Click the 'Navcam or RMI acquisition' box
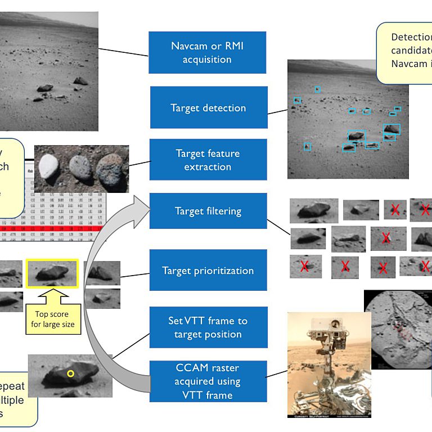[207, 52]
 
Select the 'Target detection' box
[208, 107]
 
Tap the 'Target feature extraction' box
[208, 160]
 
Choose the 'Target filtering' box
[208, 211]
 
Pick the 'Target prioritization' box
[208, 271]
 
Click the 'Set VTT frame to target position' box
[208, 327]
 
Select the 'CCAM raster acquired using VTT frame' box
[208, 381]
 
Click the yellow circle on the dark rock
[70, 373]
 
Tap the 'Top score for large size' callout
[52, 319]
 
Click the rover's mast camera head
[335, 325]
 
